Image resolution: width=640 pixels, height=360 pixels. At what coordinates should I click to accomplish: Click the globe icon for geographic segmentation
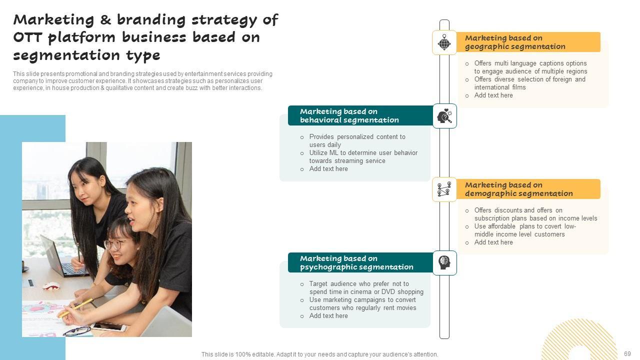pos(444,42)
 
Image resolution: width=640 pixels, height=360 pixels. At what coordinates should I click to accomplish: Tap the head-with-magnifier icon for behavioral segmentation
pos(444,116)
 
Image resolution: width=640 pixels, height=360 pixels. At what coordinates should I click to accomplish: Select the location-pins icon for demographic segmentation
pos(444,189)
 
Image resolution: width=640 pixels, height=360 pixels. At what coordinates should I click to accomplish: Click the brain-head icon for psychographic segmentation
pos(444,262)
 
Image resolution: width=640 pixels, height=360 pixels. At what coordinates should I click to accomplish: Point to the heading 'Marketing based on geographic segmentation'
pos(515,42)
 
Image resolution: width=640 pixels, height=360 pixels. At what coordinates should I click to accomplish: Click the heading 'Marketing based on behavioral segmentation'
pos(349,116)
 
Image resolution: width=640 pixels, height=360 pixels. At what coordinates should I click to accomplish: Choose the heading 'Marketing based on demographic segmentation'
pos(518,189)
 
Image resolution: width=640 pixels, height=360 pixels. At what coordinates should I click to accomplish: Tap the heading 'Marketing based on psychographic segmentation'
pos(356,263)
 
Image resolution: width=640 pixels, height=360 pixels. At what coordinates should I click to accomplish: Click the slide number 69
pos(627,354)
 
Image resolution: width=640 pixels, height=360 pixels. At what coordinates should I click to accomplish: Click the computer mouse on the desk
pos(51,286)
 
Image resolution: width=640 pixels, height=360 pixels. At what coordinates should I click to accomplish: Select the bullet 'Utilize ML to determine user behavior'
pos(363,153)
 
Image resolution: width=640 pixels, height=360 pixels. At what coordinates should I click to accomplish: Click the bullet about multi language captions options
pos(530,63)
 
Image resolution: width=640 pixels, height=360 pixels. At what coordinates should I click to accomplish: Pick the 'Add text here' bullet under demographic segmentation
pos(493,242)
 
